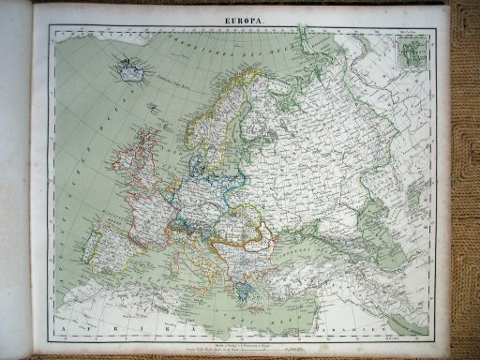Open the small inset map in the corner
[x=411, y=55]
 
